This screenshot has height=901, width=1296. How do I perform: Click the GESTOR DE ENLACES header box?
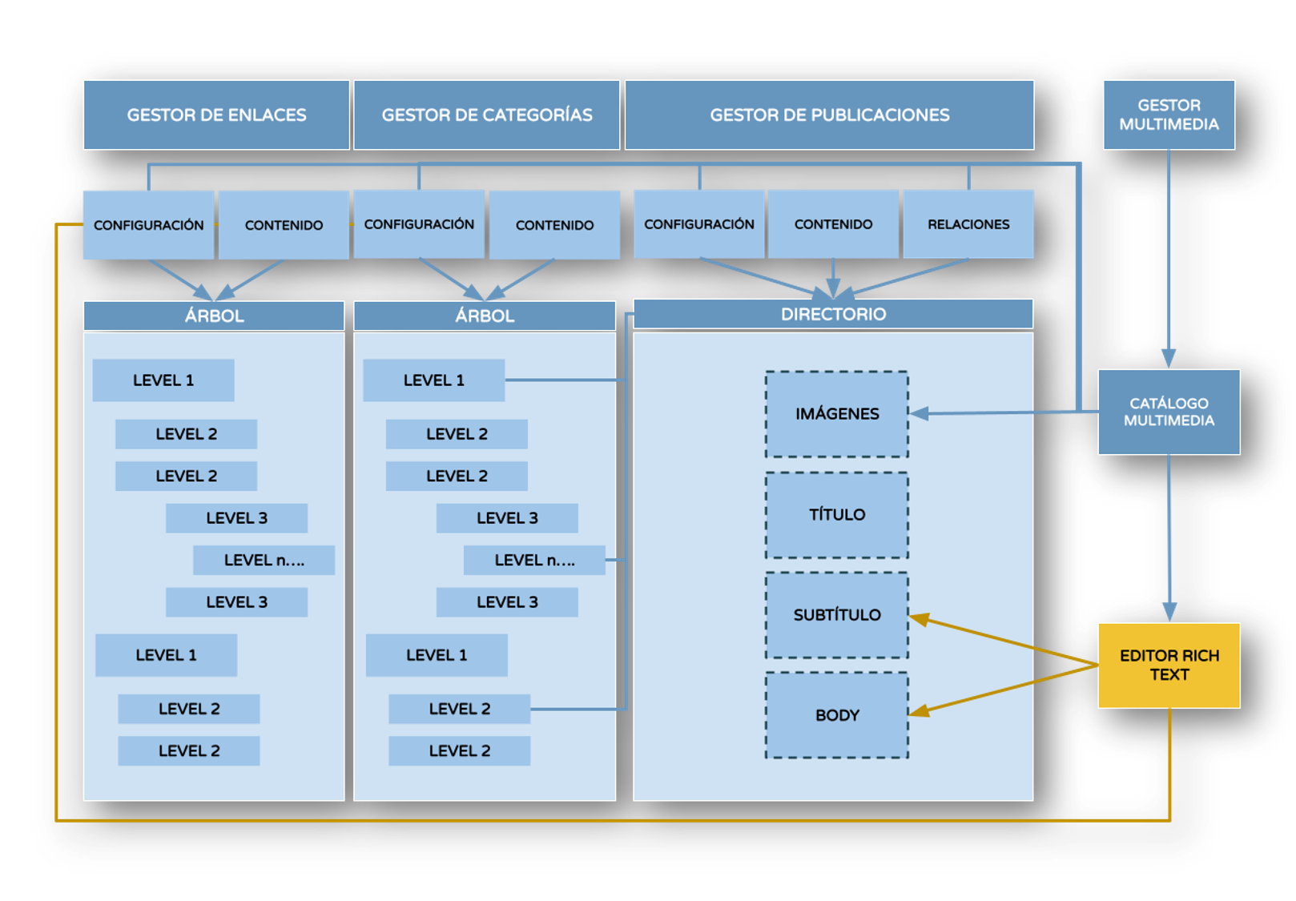click(216, 115)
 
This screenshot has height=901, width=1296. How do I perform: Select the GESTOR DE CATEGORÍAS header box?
click(486, 115)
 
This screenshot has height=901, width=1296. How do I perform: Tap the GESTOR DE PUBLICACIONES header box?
click(829, 115)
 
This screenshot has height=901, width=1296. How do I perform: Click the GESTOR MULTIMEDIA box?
click(1169, 115)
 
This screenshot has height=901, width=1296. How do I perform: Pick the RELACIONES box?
click(968, 224)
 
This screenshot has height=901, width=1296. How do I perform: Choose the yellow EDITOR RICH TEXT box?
click(1169, 665)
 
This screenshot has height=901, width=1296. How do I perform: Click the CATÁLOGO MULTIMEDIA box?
click(1169, 412)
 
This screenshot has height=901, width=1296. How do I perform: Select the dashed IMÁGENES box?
click(837, 414)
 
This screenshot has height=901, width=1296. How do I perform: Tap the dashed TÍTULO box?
click(837, 515)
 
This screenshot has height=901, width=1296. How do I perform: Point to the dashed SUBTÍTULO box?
click(837, 615)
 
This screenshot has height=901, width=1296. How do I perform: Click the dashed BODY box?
click(837, 715)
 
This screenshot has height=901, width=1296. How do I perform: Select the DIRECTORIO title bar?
click(833, 314)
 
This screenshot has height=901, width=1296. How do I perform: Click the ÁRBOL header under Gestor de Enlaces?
click(214, 316)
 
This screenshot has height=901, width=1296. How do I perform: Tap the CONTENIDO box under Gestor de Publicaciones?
click(833, 224)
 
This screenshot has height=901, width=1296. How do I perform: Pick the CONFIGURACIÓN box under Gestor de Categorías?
click(419, 224)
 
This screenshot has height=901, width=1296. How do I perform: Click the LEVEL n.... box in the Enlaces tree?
click(264, 560)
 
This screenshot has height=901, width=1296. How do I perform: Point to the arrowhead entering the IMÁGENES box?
click(919, 413)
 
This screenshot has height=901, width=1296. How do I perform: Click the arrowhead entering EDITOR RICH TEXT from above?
click(1169, 613)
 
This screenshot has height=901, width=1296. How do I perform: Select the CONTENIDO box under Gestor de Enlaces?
click(284, 225)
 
